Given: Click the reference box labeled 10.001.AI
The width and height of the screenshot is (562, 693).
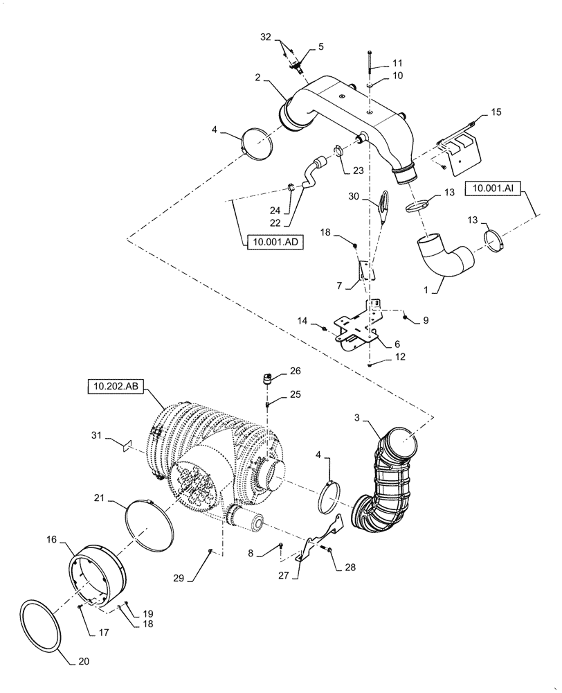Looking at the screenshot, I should point(494,187).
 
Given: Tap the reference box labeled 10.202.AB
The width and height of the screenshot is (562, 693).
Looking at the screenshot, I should point(115,386).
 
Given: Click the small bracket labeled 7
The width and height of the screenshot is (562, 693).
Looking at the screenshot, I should point(364,271).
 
